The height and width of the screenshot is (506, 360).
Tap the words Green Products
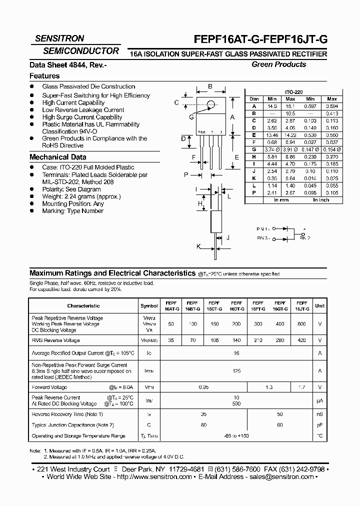click(x=278, y=64)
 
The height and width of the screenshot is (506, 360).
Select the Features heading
click(x=44, y=76)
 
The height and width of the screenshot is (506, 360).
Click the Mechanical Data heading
click(x=57, y=157)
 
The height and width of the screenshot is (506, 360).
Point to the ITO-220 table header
click(x=293, y=92)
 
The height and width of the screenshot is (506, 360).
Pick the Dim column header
click(x=254, y=99)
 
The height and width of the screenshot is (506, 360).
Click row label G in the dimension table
click(x=254, y=149)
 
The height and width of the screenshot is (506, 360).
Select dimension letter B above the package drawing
click(x=210, y=86)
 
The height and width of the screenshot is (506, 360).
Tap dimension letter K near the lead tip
click(x=198, y=246)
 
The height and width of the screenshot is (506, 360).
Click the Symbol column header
click(x=149, y=305)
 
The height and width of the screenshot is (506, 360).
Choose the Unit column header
click(x=319, y=305)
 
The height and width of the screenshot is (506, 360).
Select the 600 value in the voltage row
click(x=302, y=324)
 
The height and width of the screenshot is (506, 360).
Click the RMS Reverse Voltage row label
click(x=55, y=340)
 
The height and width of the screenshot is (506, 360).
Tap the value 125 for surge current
click(x=236, y=371)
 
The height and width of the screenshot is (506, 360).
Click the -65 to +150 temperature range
click(x=236, y=436)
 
